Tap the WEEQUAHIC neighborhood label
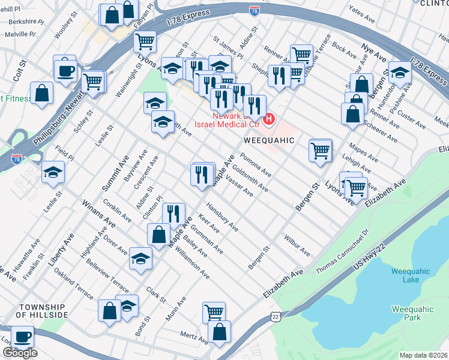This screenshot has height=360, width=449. pos(269,140)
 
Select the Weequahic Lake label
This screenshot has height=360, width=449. pos(410,275)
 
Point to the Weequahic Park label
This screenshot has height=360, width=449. pos(411,313)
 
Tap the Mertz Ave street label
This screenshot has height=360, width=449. pos(194,336)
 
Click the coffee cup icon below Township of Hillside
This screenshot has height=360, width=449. pos(23,337)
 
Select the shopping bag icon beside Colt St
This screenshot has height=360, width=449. pos(41,93)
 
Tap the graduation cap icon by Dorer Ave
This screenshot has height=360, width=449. pos(140,258)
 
